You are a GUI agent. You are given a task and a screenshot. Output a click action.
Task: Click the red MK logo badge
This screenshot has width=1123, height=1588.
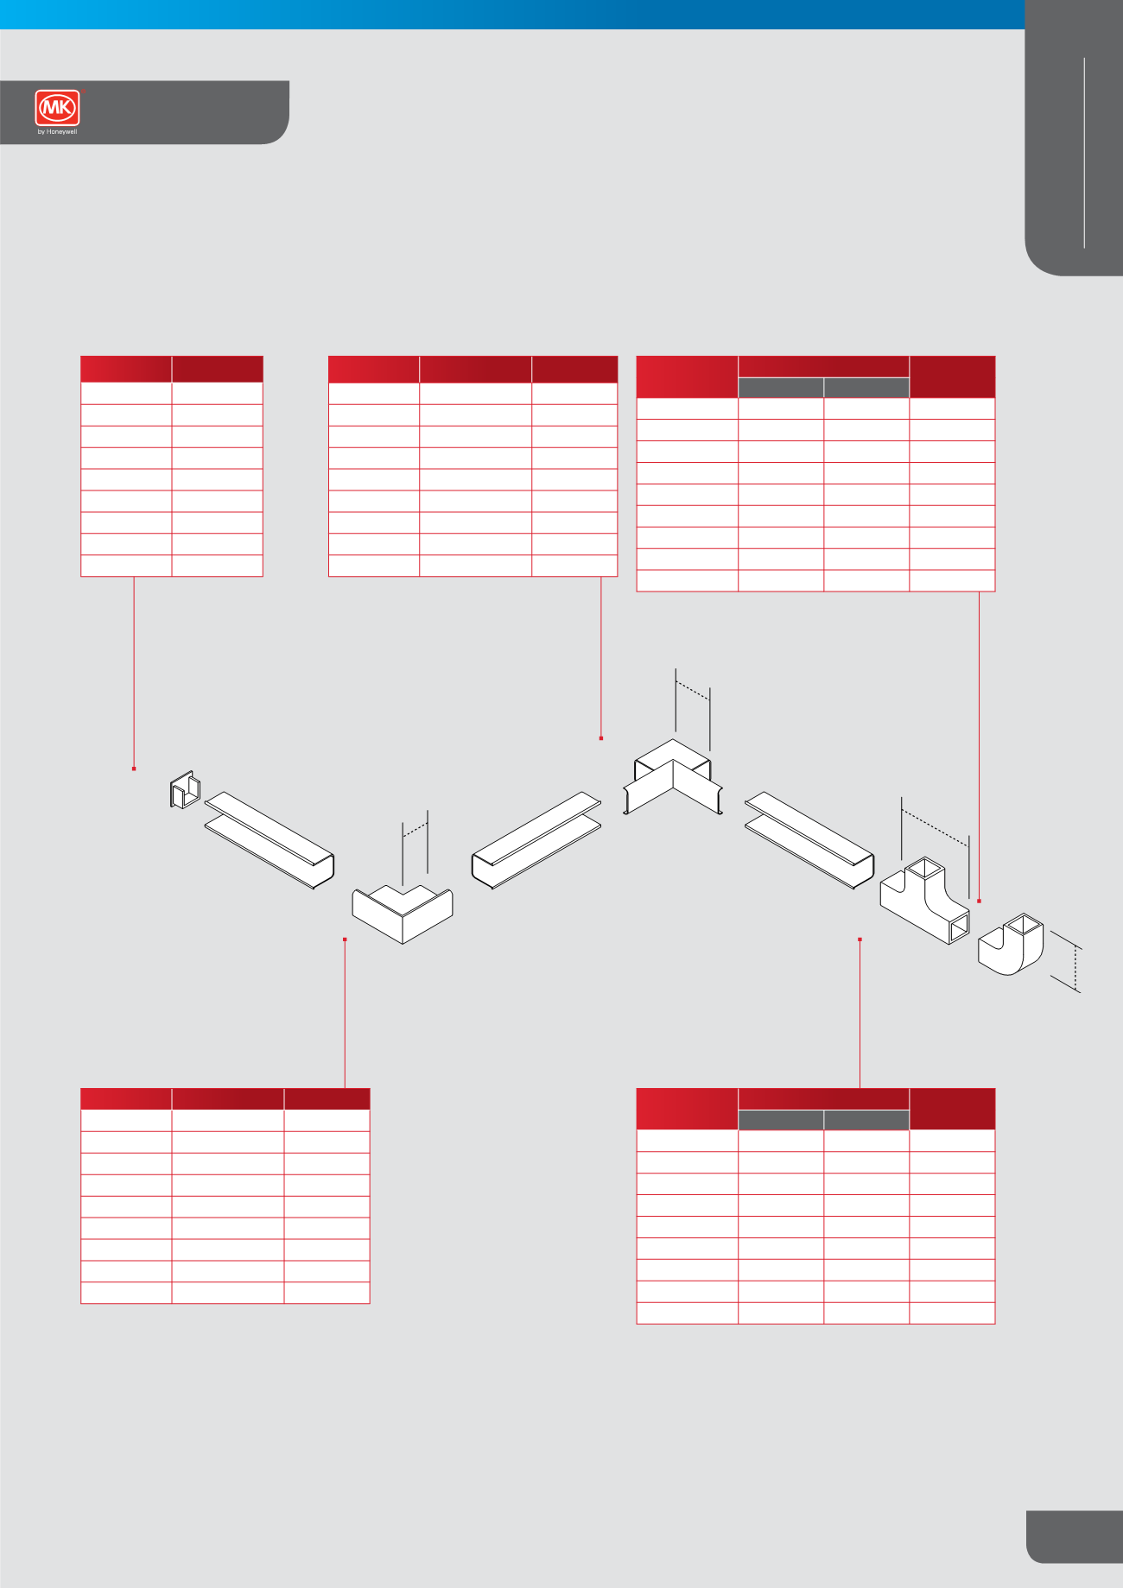click(58, 109)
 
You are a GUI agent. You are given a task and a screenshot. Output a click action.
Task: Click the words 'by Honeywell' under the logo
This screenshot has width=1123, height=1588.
click(58, 132)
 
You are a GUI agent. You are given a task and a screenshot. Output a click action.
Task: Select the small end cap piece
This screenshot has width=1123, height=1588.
click(185, 789)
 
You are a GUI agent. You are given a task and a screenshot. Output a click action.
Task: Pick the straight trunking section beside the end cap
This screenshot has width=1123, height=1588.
click(270, 839)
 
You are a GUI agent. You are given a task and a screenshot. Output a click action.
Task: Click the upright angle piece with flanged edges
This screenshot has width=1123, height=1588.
click(673, 777)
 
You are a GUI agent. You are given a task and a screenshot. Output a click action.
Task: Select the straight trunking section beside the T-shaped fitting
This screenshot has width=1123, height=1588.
click(809, 839)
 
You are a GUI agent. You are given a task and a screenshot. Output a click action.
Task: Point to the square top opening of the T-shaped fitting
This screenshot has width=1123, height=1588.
click(924, 867)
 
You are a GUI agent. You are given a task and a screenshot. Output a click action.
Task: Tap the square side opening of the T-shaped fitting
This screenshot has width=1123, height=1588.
click(958, 929)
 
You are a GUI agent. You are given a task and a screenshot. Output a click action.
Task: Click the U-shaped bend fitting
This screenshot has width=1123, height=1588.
click(1011, 944)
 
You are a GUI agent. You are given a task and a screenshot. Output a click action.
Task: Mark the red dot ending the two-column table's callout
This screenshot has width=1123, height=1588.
click(134, 769)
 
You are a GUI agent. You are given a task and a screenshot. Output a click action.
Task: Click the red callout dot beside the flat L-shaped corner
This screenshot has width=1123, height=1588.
click(345, 939)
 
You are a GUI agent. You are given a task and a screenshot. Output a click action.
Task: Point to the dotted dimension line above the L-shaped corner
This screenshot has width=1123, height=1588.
click(416, 830)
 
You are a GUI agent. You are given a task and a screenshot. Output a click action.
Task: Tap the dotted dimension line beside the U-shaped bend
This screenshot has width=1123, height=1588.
click(1076, 967)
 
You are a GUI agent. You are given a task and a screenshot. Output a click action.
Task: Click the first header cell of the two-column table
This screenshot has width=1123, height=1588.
click(126, 369)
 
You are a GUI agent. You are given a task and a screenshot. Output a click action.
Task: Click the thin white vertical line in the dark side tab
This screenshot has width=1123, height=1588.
click(1084, 153)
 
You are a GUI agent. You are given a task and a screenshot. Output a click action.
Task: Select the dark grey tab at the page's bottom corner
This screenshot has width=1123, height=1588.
click(1075, 1536)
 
